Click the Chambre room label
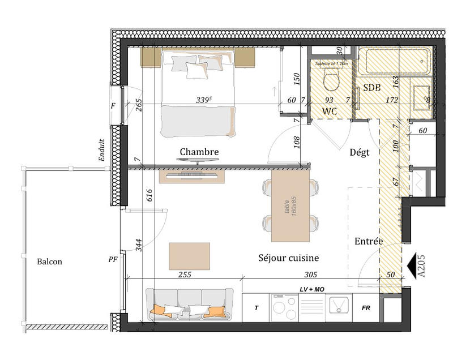[x=199, y=152]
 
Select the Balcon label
[x=49, y=262]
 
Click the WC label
[x=330, y=111]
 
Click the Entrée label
[x=369, y=241]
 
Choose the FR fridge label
[x=366, y=309]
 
